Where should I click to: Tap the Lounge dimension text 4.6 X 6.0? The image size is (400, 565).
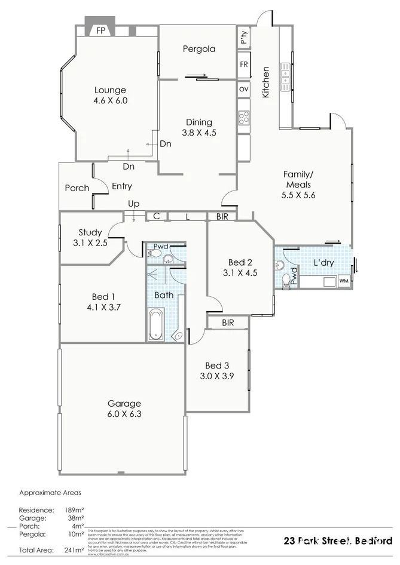click(111, 101)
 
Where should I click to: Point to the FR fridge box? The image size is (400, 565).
click(243, 64)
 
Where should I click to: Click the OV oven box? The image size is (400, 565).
click(243, 88)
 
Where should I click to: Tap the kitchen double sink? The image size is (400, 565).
click(285, 73)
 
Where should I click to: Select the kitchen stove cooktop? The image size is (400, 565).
click(243, 117)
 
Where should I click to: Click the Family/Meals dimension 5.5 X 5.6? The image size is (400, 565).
click(297, 195)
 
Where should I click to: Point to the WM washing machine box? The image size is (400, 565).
click(343, 280)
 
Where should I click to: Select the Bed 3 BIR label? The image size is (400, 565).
click(227, 323)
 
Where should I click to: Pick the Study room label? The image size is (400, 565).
click(90, 232)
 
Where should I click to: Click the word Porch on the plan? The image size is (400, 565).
click(77, 188)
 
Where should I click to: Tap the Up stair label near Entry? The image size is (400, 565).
click(133, 204)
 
